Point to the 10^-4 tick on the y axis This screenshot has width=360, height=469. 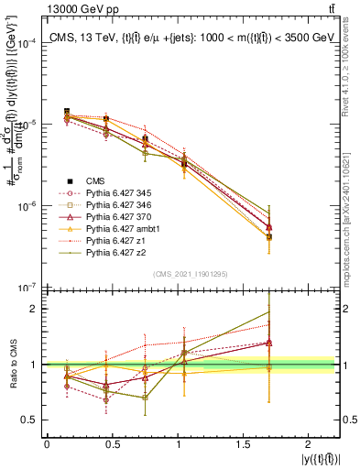pyautogui.click(x=28, y=43)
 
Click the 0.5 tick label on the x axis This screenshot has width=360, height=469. pyautogui.click(x=112, y=443)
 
